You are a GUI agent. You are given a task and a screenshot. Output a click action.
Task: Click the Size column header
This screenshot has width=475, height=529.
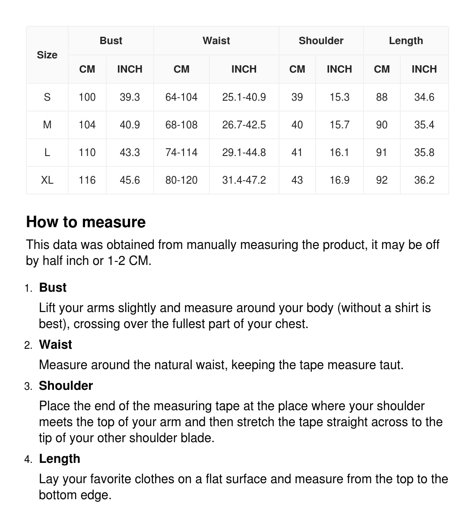tap(47, 55)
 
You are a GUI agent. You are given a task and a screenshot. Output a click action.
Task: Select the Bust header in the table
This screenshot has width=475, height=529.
tap(111, 41)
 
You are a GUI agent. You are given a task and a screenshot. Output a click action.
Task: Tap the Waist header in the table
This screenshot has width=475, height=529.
tap(216, 41)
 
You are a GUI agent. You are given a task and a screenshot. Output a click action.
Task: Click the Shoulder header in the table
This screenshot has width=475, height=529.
tap(321, 41)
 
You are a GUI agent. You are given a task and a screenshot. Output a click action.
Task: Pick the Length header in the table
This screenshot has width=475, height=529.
tap(406, 41)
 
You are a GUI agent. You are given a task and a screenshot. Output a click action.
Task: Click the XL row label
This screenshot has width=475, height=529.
tap(47, 180)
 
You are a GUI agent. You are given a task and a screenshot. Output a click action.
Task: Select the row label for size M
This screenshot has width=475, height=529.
tap(47, 125)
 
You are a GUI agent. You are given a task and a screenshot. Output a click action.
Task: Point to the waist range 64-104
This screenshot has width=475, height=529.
tap(181, 97)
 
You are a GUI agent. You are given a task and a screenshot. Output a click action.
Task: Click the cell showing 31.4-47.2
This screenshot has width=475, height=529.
tap(244, 180)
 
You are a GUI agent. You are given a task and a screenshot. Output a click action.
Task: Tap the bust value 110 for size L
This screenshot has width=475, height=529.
tap(87, 153)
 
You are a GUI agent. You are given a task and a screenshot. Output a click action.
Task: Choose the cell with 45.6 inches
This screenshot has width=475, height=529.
tap(130, 180)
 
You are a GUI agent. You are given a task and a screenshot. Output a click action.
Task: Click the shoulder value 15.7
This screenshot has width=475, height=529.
tap(339, 125)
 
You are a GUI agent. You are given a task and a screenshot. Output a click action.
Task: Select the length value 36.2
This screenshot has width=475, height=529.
tap(424, 180)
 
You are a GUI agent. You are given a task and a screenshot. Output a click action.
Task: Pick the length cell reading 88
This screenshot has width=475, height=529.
tap(382, 97)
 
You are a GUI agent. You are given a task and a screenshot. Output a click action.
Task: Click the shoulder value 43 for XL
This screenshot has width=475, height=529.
tap(297, 180)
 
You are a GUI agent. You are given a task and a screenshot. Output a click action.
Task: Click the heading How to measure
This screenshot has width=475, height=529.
tap(86, 222)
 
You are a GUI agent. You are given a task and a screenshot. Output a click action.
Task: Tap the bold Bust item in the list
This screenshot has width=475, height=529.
tap(53, 288)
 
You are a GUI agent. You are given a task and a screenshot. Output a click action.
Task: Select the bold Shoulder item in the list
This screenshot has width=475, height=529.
tap(66, 386)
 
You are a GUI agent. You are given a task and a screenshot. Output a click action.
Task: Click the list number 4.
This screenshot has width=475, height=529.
tap(28, 459)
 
